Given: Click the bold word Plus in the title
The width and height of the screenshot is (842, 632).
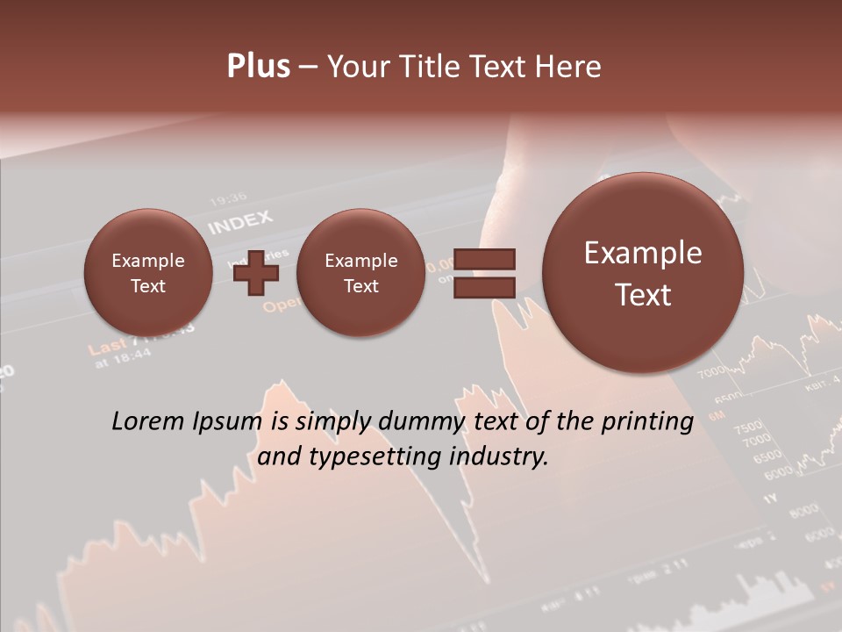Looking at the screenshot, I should (258, 67).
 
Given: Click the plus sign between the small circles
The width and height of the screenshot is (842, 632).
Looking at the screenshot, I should (256, 273).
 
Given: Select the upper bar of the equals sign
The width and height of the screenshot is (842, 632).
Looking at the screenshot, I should (484, 259).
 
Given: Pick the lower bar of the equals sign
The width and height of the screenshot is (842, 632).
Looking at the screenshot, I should (484, 287).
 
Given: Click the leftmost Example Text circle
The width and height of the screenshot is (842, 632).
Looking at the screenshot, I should (148, 273).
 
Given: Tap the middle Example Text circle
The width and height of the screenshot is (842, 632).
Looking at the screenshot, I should (360, 273).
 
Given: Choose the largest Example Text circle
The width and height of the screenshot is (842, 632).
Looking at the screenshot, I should (643, 273).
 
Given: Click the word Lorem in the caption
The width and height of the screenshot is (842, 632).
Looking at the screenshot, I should (148, 421).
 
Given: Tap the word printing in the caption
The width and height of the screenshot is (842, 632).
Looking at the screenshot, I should (646, 422).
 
